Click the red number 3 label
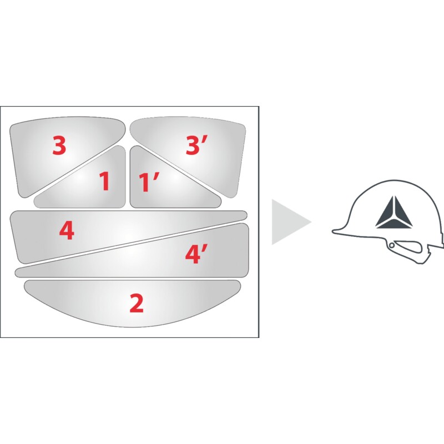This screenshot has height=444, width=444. (x=59, y=145)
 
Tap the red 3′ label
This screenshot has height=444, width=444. (x=196, y=145)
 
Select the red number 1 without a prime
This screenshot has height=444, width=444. (x=104, y=181)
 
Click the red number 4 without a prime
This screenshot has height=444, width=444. (x=67, y=230)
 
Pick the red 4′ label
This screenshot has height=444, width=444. (x=196, y=254)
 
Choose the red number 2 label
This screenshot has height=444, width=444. (x=137, y=303)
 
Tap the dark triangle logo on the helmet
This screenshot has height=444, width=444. (x=394, y=212)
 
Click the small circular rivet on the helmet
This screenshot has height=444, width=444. (x=392, y=245)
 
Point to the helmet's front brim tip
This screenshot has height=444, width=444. (x=334, y=231)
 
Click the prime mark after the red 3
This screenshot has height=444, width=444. (x=205, y=140)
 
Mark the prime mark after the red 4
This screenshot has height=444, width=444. (x=205, y=248)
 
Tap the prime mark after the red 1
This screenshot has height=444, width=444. (x=157, y=176)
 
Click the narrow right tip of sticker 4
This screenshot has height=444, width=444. (x=245, y=215)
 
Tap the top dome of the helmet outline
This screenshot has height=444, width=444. (x=395, y=180)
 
